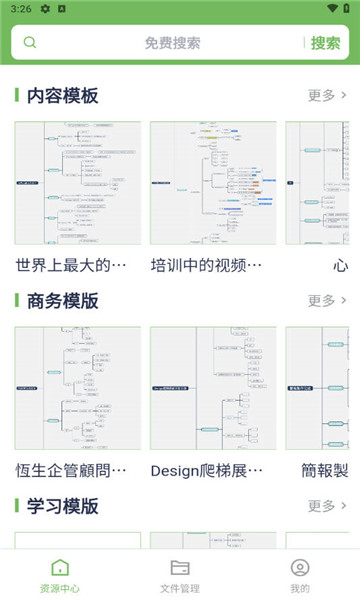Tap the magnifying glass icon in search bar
[x=30, y=43]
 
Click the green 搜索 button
[x=325, y=43]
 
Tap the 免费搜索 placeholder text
[x=172, y=43]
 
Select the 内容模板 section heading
[x=62, y=96]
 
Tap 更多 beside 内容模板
[x=327, y=96]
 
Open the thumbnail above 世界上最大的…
[x=78, y=183]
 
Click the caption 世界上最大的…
[x=72, y=265]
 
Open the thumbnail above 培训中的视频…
[x=213, y=183]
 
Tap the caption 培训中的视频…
[x=207, y=265]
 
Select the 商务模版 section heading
[x=62, y=301]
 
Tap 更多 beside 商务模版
[x=327, y=301]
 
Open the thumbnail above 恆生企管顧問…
[x=78, y=388]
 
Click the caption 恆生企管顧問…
[x=72, y=470]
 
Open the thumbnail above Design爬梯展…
[x=213, y=388]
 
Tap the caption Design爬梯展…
[x=207, y=470]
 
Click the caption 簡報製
[x=325, y=470]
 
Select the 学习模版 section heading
[x=62, y=506]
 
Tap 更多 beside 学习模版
[x=327, y=506]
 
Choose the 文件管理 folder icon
[x=180, y=567]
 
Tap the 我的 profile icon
[x=299, y=567]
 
